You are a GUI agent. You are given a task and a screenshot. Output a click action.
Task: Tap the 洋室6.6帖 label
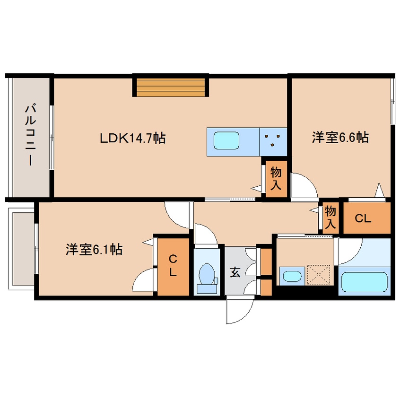coord(340,138)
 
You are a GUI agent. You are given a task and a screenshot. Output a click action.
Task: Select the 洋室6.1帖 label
coord(94,249)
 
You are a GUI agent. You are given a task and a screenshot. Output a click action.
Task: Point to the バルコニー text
coord(29,135)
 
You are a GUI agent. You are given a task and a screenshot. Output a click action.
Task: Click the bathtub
coord(364,281)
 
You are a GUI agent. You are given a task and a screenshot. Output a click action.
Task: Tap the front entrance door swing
coord(239,311)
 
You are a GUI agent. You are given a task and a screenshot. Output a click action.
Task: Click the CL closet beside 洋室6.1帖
coord(173,267)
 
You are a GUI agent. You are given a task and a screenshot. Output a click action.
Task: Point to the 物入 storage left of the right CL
coord(330,217)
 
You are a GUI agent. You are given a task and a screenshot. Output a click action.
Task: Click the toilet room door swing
coord(204,234)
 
